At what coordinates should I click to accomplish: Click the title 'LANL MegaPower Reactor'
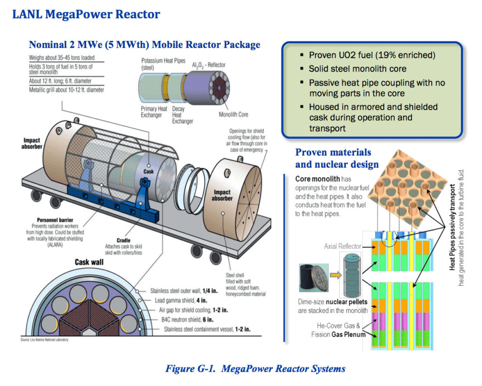pyautogui.click(x=86, y=14)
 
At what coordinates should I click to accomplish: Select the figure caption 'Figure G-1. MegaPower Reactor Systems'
pyautogui.click(x=255, y=369)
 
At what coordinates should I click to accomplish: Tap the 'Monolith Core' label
pyautogui.click(x=233, y=114)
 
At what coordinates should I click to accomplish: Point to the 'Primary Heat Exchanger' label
pyautogui.click(x=154, y=112)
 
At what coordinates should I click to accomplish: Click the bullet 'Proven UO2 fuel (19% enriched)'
pyautogui.click(x=372, y=55)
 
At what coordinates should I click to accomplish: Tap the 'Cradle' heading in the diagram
pyautogui.click(x=123, y=240)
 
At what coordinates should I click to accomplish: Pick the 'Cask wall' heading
pyautogui.click(x=89, y=262)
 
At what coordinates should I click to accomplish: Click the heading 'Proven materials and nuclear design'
pyautogui.click(x=337, y=159)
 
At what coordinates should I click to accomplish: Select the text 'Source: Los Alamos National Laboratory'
pyautogui.click(x=44, y=339)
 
